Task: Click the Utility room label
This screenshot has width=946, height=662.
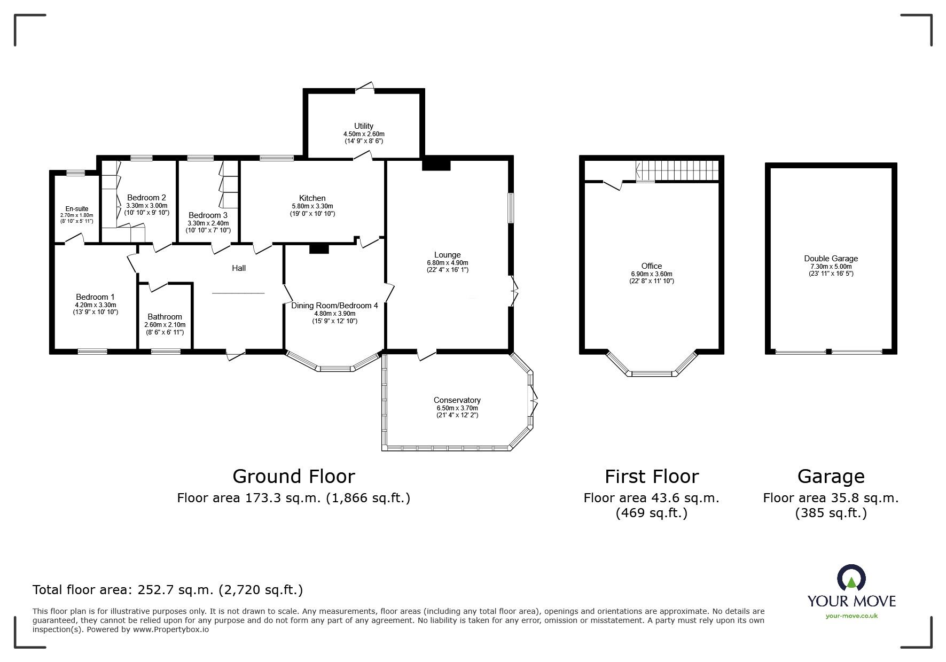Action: coord(364,126)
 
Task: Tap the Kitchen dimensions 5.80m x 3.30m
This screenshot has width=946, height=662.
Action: coord(312,206)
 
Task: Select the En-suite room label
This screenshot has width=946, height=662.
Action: coord(77,209)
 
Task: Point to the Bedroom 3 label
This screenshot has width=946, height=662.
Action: coord(208,215)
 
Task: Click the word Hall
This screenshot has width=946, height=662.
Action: coord(239,268)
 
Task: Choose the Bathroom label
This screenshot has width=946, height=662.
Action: coord(165,317)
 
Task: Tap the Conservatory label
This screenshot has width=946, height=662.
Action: coord(457,400)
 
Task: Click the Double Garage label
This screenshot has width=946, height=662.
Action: coord(831,259)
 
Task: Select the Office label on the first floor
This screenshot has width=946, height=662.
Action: coord(651,266)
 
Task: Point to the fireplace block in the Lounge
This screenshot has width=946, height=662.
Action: coord(436,165)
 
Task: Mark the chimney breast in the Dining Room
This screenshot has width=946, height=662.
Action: coord(319,248)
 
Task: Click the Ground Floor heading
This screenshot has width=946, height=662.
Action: coord(293,476)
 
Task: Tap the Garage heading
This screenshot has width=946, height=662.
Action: coord(831,476)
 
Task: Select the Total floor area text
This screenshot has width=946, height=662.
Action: coord(168,590)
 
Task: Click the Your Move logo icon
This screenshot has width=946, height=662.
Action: coord(851,579)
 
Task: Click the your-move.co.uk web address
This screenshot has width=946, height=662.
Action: coord(851,616)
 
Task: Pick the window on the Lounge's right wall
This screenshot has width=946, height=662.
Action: coord(511,208)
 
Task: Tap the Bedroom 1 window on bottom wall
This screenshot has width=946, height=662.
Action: coord(92,351)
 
